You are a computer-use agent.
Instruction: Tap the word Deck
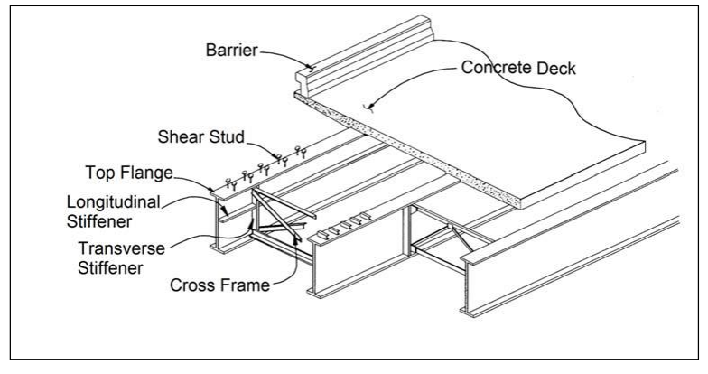point(554,67)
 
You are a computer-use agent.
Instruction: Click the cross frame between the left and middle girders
point(275,226)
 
